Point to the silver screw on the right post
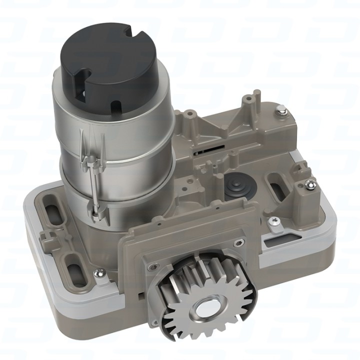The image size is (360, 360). coord(309,185)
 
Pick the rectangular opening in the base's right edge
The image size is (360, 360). coord(274,241)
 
